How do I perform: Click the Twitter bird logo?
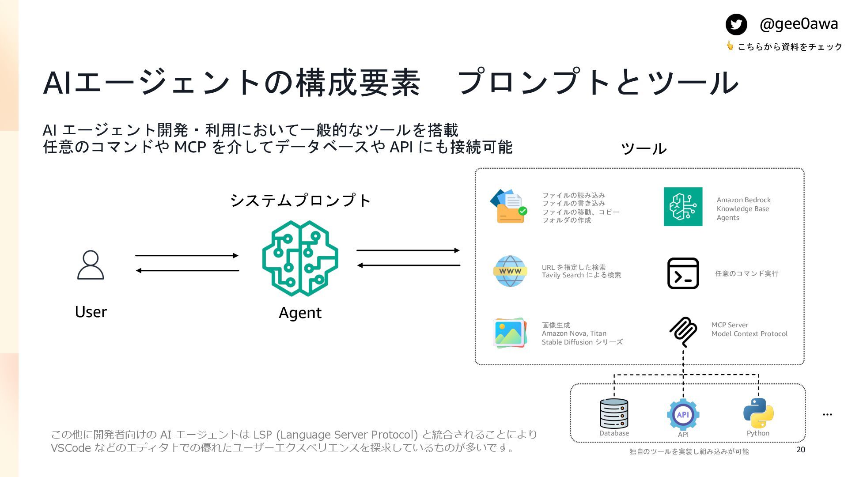click(x=736, y=24)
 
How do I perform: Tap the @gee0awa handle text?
click(x=799, y=24)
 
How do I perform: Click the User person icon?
click(x=91, y=265)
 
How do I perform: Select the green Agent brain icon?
click(x=300, y=258)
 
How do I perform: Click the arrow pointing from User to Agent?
click(x=187, y=255)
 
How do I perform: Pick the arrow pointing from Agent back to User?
click(x=187, y=270)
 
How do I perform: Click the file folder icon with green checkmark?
click(x=509, y=206)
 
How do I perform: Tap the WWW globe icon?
click(x=510, y=271)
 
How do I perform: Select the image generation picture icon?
click(x=510, y=333)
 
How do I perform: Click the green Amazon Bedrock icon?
click(x=683, y=207)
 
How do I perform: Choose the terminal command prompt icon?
click(x=683, y=273)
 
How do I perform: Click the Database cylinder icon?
click(x=614, y=413)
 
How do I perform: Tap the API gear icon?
click(x=683, y=414)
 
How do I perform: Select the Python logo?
click(x=758, y=413)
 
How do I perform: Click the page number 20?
click(x=801, y=450)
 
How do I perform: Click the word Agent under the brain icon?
click(x=300, y=313)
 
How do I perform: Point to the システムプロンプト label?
click(x=300, y=201)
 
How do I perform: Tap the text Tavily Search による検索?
click(x=581, y=275)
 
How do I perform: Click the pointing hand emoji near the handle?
click(x=730, y=45)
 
